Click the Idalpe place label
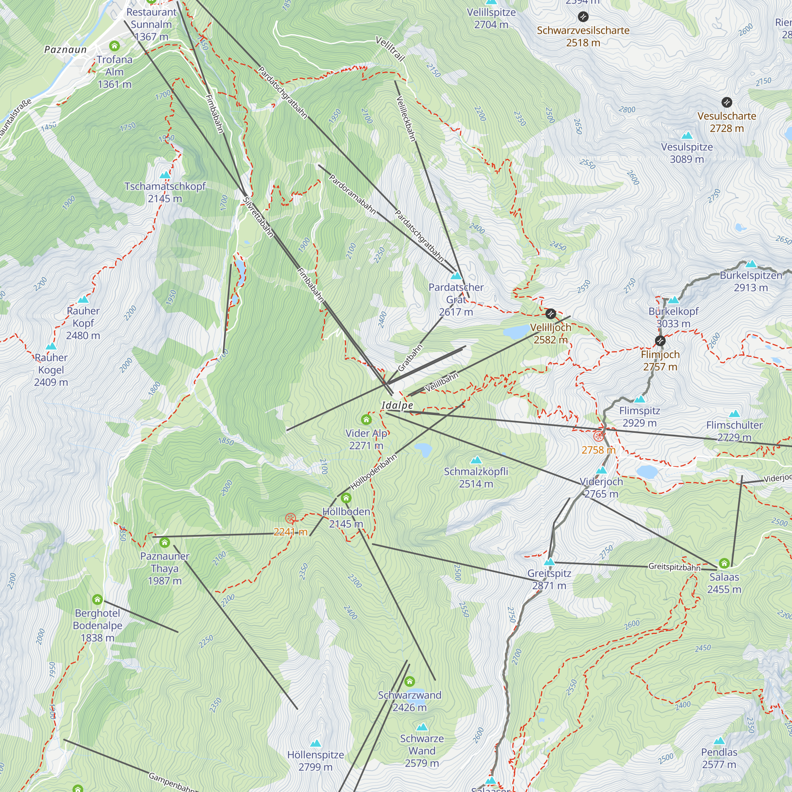pyautogui.click(x=397, y=406)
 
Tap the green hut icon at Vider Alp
pyautogui.click(x=366, y=419)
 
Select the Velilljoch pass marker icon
pyautogui.click(x=550, y=314)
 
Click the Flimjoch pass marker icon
pyautogui.click(x=660, y=341)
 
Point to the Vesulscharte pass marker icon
pyautogui.click(x=726, y=102)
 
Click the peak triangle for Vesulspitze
pyautogui.click(x=687, y=136)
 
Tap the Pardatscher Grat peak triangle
pyautogui.click(x=456, y=276)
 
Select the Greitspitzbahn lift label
pyautogui.click(x=674, y=567)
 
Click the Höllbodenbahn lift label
pyautogui.click(x=373, y=472)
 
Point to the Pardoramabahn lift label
pyautogui.click(x=352, y=194)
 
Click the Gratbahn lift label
pyautogui.click(x=410, y=358)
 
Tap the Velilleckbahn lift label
pyautogui.click(x=406, y=118)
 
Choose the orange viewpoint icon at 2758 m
pyautogui.click(x=599, y=436)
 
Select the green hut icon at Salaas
pyautogui.click(x=724, y=563)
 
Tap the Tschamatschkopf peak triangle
pyautogui.click(x=165, y=175)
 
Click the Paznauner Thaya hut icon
pyautogui.click(x=164, y=543)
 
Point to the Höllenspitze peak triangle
pyautogui.click(x=315, y=743)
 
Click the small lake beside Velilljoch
pyautogui.click(x=516, y=331)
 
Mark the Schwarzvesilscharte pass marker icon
pyautogui.click(x=583, y=17)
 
